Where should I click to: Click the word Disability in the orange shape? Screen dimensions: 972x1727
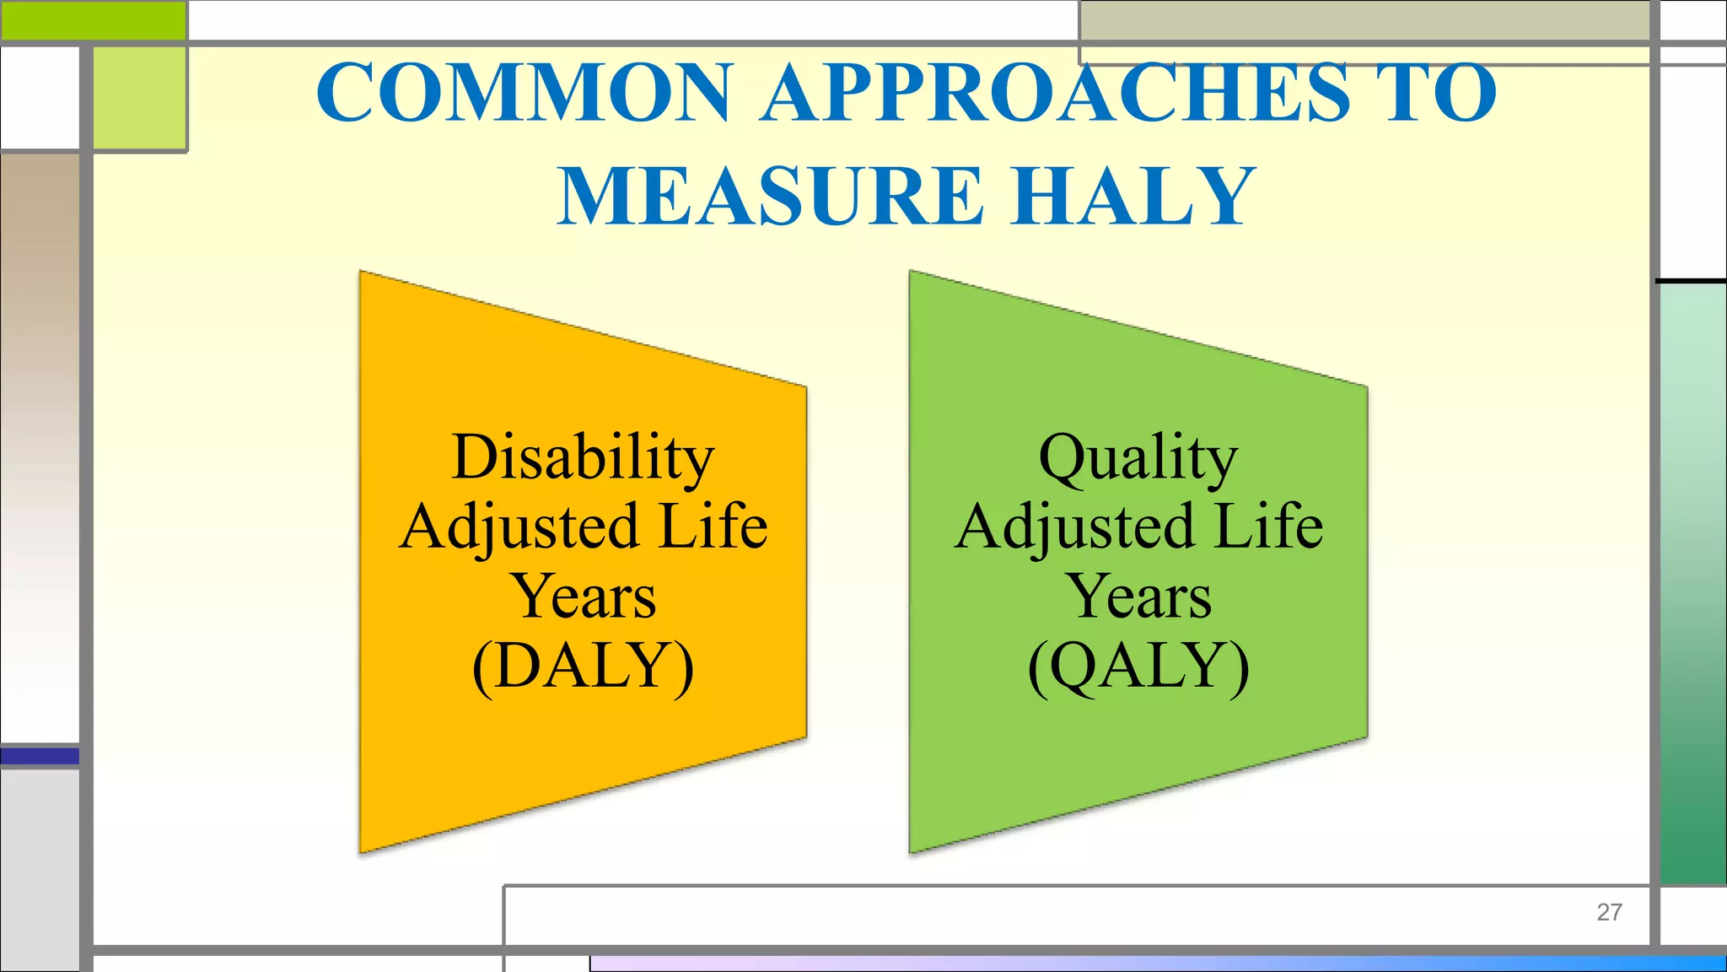[583, 457]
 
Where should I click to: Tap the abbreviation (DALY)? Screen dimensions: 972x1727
[583, 667]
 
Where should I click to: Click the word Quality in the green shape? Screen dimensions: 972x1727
[1138, 457]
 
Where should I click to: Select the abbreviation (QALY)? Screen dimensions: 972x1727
[1138, 667]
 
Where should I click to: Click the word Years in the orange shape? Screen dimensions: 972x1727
[583, 597]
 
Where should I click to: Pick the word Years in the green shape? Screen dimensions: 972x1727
[1139, 597]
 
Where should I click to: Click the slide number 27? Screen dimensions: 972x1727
[1609, 912]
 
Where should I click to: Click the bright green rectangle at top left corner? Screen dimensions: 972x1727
[93, 20]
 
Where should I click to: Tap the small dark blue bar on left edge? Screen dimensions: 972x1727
[40, 756]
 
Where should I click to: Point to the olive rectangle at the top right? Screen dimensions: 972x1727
[1364, 22]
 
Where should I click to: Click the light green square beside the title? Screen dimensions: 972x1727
[139, 99]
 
